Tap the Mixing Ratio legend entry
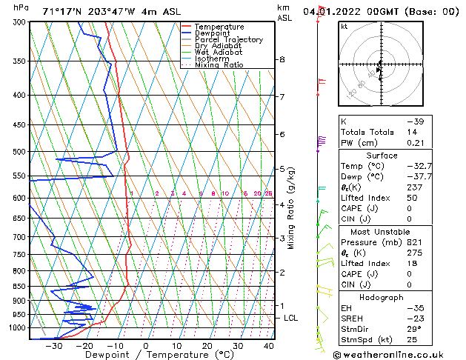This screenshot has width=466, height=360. pyautogui.click(x=219, y=65)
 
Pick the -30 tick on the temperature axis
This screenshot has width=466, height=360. pyautogui.click(x=53, y=346)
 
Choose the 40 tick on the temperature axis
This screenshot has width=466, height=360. pyautogui.click(x=267, y=346)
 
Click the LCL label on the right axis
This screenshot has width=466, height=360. pyautogui.click(x=292, y=318)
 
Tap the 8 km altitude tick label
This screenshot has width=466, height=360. pyautogui.click(x=282, y=59)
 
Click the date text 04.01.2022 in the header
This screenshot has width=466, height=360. pyautogui.click(x=331, y=11)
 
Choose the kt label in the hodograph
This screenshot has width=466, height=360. pyautogui.click(x=344, y=26)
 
